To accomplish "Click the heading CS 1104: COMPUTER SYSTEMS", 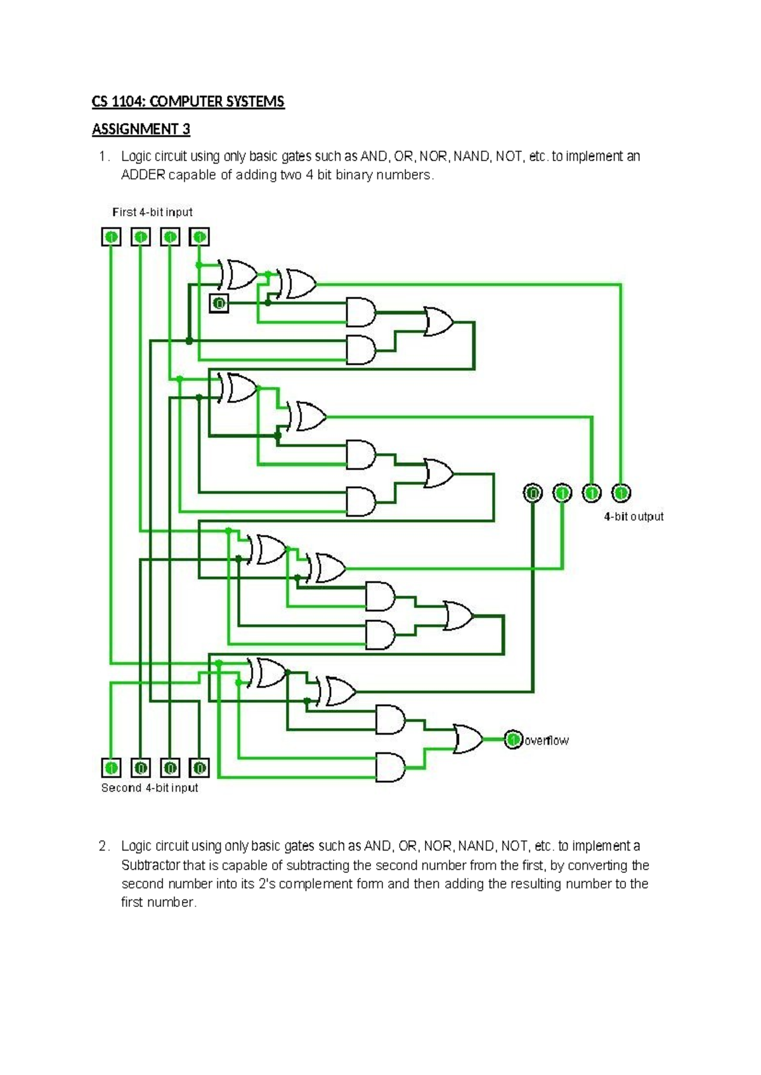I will (188, 102).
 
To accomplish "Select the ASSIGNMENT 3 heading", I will (141, 129).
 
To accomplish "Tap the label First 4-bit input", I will (152, 212).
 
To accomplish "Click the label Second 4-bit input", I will (150, 788).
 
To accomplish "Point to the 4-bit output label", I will (634, 517).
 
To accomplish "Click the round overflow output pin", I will (514, 740).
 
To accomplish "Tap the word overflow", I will (547, 740).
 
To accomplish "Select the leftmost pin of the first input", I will (111, 237).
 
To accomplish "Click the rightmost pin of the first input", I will (199, 237).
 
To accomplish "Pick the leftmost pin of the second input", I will (111, 768).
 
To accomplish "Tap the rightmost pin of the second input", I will (199, 768).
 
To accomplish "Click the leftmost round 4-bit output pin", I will (533, 492).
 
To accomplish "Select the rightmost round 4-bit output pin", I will (621, 492).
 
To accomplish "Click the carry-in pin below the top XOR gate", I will (219, 304).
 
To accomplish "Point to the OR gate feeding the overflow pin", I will (467, 738).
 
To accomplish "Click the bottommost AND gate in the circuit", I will (390, 767).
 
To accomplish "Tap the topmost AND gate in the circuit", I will (360, 311).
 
